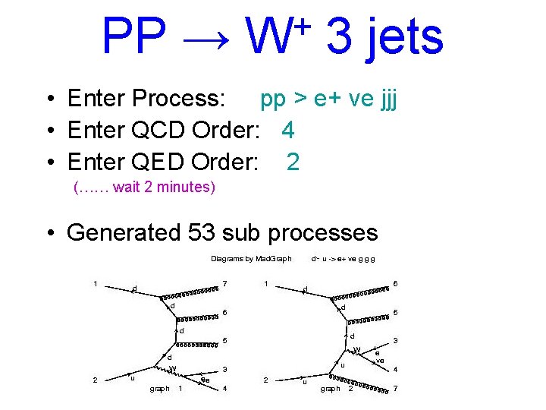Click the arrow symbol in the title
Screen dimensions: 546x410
pos(206,38)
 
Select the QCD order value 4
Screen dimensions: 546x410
pos(287,131)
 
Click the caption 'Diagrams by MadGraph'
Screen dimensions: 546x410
pos(251,259)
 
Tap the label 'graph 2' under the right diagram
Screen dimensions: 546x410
pos(337,389)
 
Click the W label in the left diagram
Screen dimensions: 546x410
pos(172,369)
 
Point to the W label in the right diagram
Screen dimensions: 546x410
pos(357,349)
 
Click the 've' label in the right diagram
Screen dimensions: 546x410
pos(380,361)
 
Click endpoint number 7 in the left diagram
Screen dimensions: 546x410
pos(225,284)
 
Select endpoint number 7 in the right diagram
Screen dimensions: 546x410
pos(395,389)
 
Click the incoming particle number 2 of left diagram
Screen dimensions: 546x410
pos(95,380)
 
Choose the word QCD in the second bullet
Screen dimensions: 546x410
pos(155,131)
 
